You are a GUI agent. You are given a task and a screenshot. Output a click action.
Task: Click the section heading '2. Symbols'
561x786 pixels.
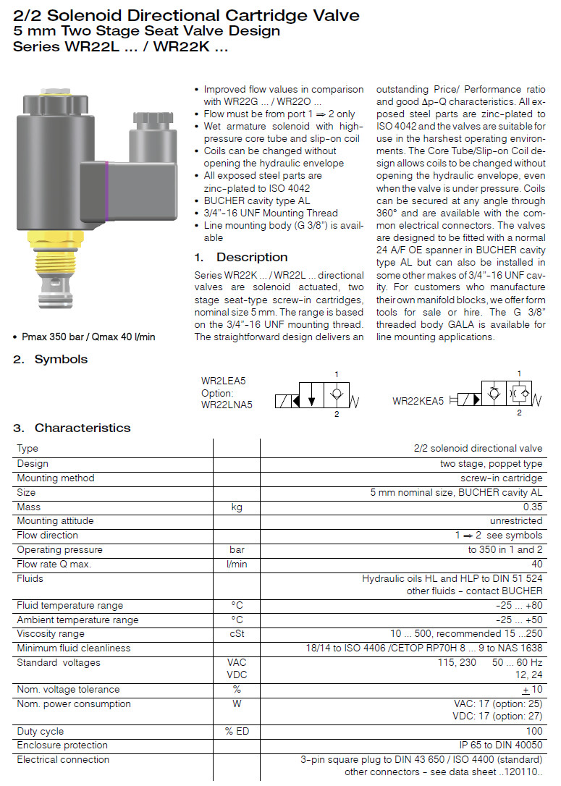point(50,359)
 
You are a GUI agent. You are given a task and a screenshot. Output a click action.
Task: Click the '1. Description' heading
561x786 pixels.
point(241,257)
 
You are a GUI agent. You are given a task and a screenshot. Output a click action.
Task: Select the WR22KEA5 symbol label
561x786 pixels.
point(418,400)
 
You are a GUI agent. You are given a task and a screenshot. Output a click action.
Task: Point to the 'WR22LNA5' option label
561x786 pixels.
point(227,405)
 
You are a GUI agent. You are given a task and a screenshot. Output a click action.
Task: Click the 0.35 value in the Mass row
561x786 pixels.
point(532,507)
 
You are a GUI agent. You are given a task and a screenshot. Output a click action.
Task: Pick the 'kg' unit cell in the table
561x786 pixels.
point(237,507)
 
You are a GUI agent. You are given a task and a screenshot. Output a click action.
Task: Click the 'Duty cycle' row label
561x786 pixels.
point(41,732)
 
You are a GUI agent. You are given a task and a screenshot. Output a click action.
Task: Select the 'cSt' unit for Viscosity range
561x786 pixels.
point(237,634)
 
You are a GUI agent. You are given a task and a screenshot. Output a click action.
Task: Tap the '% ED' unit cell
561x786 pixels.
point(237,732)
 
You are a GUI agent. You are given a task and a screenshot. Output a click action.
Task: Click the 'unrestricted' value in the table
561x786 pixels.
point(516,521)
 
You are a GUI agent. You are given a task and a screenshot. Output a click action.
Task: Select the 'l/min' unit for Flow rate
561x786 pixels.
point(237,565)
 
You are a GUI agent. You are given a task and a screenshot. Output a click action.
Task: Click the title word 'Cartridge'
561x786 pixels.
point(268,15)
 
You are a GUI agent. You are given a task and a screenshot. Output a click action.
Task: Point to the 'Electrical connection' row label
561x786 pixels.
point(63,760)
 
